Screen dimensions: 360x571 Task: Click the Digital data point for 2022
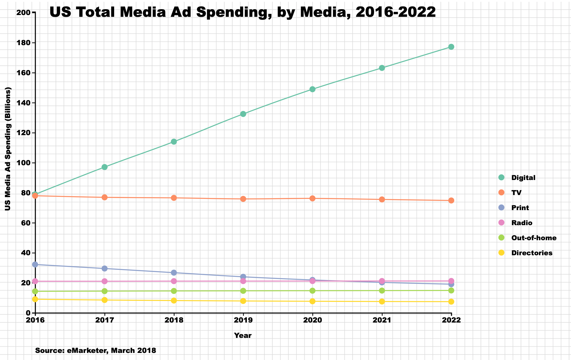point(451,47)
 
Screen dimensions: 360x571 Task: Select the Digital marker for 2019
point(243,114)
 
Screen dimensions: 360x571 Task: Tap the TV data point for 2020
point(312,198)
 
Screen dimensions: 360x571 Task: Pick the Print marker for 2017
point(104,269)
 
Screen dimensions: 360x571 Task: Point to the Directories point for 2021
point(382,301)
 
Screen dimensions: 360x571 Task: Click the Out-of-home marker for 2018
point(174,291)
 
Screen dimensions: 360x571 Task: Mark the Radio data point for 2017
point(104,281)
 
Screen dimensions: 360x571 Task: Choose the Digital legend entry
point(523,178)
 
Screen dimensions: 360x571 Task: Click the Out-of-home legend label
point(534,238)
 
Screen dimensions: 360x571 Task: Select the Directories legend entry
point(532,253)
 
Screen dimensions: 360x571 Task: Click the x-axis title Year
point(243,336)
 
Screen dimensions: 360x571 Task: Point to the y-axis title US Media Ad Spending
point(8,149)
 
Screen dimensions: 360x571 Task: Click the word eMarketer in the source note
point(86,351)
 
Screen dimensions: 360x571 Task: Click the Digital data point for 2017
point(104,167)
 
